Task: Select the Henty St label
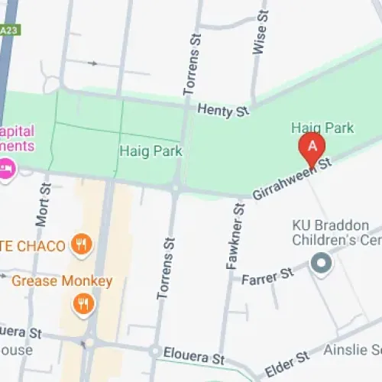tap(223, 111)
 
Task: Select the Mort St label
tap(42, 205)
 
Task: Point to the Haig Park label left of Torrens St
tap(151, 151)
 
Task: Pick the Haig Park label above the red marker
tap(322, 128)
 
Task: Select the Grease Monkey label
tap(62, 281)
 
